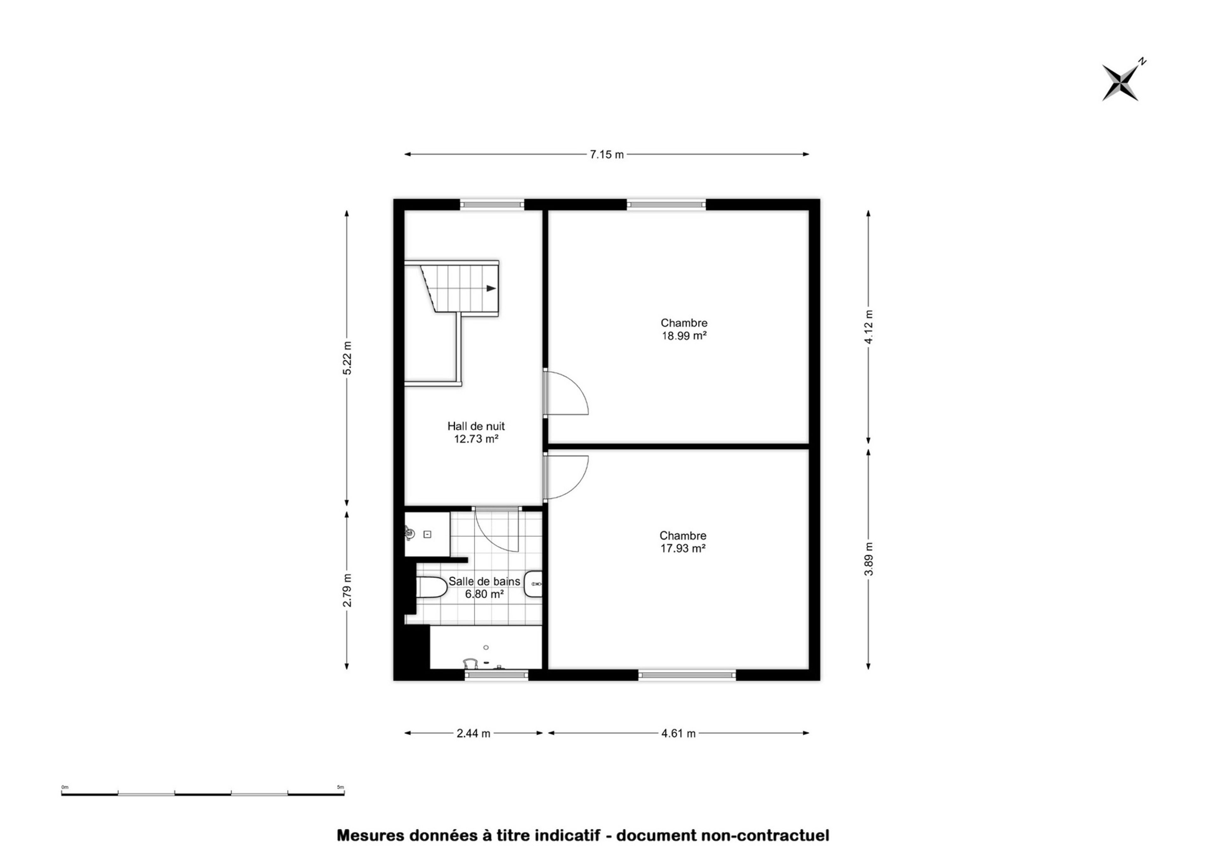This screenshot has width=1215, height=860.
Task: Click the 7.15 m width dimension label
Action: [x=607, y=155]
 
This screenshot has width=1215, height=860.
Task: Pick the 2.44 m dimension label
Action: [x=473, y=733]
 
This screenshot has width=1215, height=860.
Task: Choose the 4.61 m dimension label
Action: [x=678, y=733]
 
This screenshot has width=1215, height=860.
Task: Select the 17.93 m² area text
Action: [x=682, y=549]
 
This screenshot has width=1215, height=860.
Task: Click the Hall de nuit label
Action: [x=476, y=426]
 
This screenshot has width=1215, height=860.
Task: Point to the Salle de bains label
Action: [x=484, y=581]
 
